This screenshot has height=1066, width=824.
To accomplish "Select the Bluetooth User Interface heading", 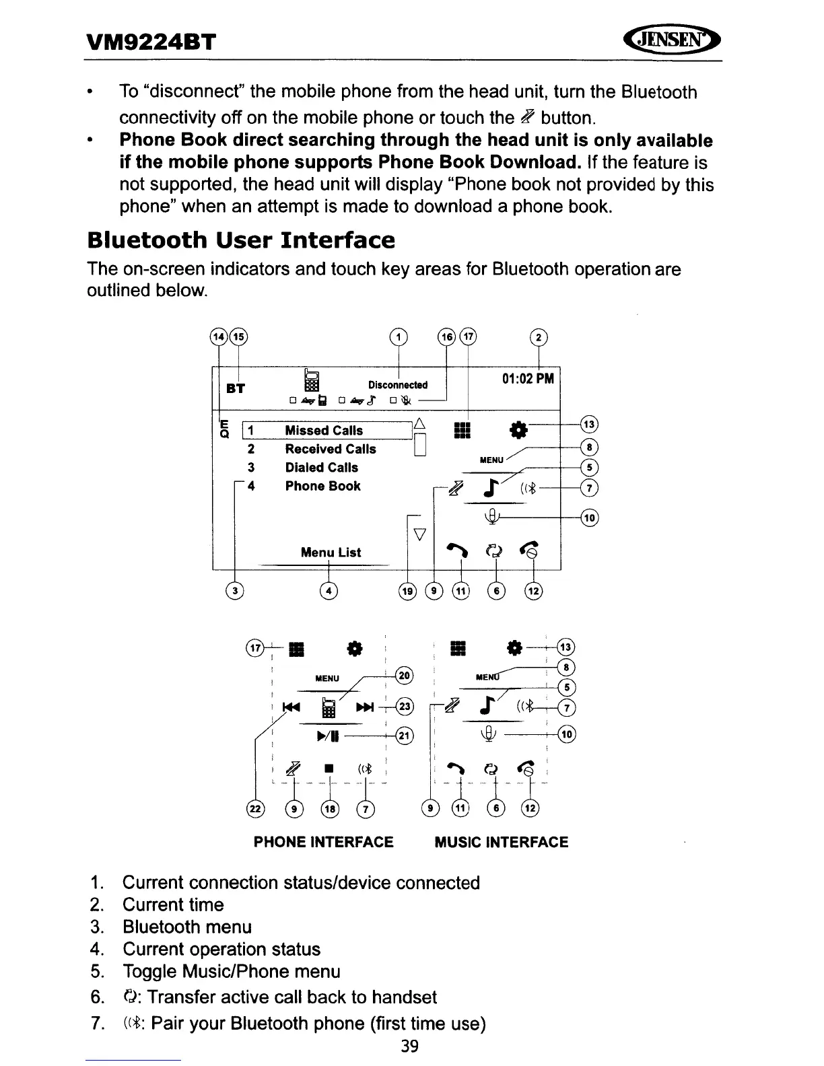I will (241, 240).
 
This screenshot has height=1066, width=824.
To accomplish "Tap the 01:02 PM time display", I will (528, 378).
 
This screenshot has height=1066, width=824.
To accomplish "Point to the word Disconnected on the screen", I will (397, 385).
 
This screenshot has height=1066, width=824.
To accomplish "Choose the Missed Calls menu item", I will (323, 430).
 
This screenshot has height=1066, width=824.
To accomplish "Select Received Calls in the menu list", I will (330, 449).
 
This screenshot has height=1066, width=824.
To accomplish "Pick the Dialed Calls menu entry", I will (321, 467).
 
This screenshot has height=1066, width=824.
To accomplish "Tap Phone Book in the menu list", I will (322, 486).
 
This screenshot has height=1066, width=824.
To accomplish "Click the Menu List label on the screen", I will (331, 553).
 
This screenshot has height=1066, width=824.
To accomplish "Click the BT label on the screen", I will (235, 388).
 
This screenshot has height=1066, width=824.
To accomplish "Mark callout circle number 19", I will (408, 592).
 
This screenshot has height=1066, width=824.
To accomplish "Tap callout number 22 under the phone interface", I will (256, 809).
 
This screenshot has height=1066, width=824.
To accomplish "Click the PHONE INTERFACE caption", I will (323, 843).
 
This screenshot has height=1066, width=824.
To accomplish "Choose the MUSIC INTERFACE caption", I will (501, 843).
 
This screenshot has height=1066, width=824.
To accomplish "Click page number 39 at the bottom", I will (409, 1046).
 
